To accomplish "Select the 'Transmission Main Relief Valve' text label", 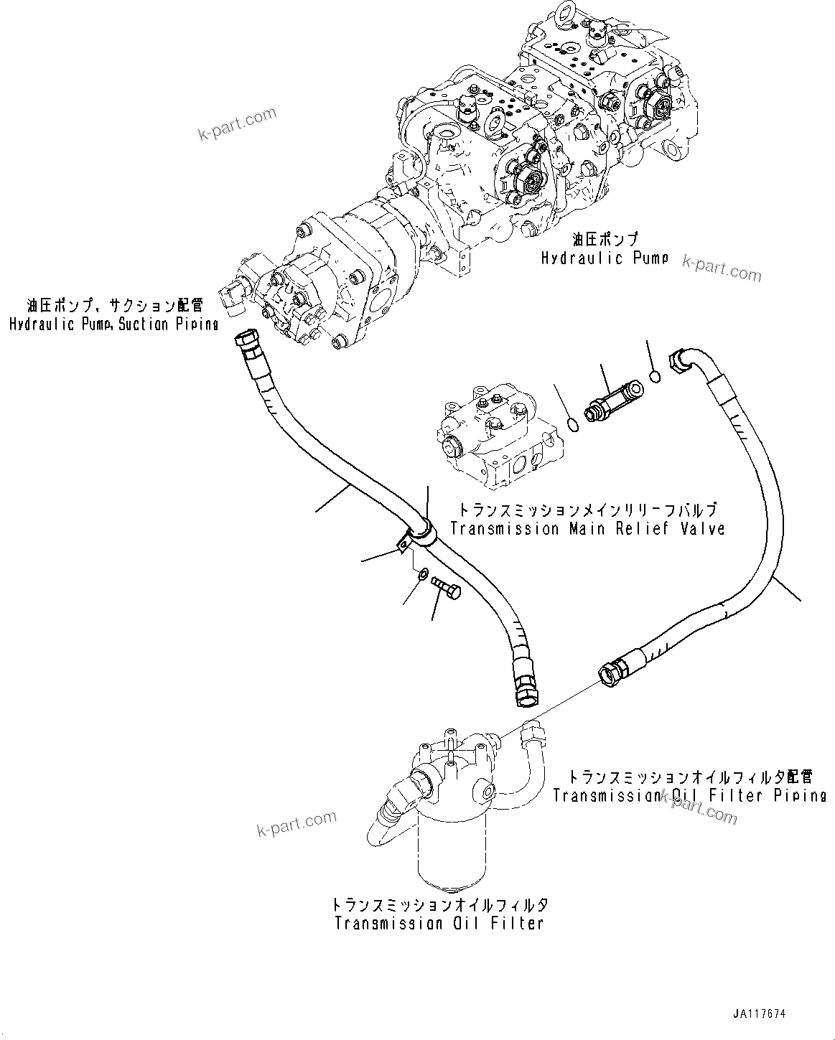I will pos(587,529).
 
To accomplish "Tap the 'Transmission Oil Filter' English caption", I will pos(439,923).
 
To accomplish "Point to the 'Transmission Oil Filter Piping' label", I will pos(689,795).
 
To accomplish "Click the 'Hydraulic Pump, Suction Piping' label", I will pos(113,324).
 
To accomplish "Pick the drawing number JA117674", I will pos(760,1014).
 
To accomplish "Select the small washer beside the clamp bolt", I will pos(423,573).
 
